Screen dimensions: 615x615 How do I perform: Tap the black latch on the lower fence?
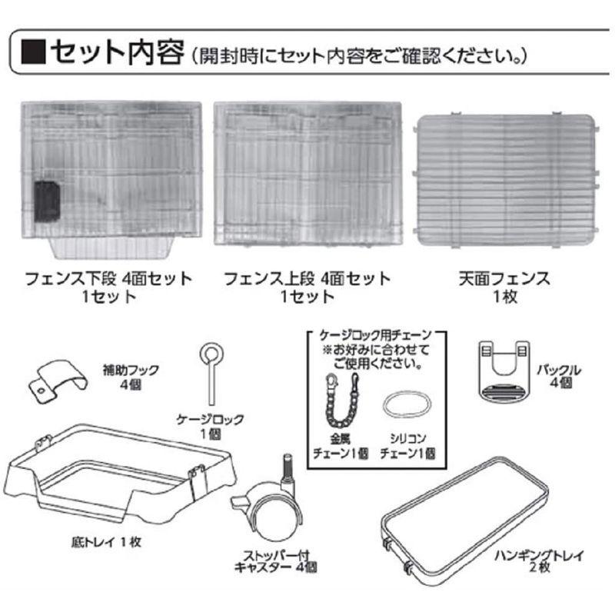click(x=48, y=200)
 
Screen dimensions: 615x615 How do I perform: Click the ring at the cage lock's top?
click(x=209, y=354)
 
